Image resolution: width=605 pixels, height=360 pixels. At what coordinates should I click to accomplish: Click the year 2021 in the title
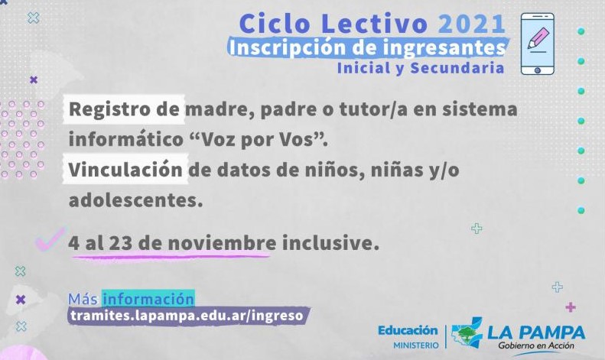471,24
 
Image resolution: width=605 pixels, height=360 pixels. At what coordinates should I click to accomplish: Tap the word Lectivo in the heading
374,24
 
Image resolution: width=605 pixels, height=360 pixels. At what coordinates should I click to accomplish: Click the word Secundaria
457,68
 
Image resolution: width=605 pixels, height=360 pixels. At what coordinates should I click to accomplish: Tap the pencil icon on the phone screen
538,37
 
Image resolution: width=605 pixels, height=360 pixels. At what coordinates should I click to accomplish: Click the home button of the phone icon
538,70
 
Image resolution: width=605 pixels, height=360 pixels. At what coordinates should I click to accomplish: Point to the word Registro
111,110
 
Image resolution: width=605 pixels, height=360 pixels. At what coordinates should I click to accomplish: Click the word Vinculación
125,170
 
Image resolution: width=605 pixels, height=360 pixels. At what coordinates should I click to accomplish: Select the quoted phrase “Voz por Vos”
259,139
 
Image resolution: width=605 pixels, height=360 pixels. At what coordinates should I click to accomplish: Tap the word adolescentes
135,200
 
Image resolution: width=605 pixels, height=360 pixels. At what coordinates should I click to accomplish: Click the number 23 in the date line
121,243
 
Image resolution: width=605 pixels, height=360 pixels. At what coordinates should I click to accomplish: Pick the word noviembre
222,243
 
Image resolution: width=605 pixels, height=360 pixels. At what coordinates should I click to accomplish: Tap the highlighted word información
148,299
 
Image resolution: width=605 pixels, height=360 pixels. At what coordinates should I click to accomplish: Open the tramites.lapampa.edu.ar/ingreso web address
187,316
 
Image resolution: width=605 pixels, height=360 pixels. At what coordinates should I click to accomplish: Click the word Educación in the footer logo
408,330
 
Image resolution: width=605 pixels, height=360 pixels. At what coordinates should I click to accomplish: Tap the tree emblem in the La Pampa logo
467,332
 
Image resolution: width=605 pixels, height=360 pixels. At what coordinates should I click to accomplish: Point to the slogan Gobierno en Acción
536,345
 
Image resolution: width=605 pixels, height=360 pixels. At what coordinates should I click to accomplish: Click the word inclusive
330,243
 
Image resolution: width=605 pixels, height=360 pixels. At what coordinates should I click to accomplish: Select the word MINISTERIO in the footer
416,345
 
